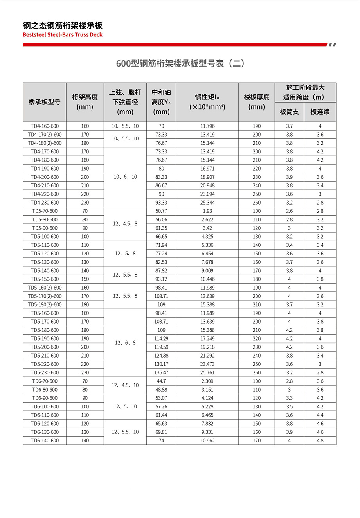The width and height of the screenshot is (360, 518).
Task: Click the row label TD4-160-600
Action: (x=45, y=126)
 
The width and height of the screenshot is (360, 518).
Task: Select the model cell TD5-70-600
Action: (x=45, y=211)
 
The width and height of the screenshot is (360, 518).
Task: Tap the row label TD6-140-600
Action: (x=45, y=441)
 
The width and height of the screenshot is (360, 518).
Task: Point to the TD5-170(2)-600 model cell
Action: (x=45, y=296)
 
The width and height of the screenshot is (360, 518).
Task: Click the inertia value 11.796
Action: (x=207, y=126)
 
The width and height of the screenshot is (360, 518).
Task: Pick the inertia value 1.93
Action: (x=207, y=211)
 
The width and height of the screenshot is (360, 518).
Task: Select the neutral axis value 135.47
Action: (x=161, y=372)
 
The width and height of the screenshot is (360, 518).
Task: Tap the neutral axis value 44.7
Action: (x=161, y=381)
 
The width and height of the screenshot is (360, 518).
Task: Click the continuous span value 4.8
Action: (x=320, y=441)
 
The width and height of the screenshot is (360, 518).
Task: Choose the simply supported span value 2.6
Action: (x=289, y=211)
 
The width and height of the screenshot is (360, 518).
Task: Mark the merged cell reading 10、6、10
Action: (x=125, y=177)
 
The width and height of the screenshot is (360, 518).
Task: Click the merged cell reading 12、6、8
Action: (x=125, y=343)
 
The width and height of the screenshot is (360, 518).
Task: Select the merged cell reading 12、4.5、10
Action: (x=125, y=385)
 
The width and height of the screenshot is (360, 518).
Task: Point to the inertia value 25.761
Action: (x=207, y=372)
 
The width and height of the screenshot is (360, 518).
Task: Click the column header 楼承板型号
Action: (x=45, y=102)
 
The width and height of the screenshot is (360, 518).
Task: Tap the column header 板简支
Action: (x=289, y=112)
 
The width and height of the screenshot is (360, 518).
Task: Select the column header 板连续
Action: (x=320, y=112)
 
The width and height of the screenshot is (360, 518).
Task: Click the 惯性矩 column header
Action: (x=207, y=102)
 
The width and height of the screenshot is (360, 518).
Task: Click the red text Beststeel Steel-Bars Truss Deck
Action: (x=63, y=35)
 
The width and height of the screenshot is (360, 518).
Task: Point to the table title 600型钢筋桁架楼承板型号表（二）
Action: (x=180, y=63)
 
